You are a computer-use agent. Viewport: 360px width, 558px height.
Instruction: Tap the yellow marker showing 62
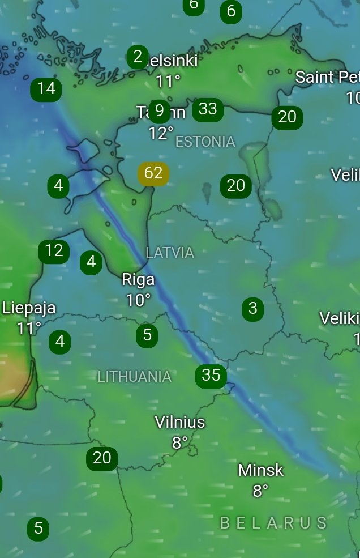pos(153,173)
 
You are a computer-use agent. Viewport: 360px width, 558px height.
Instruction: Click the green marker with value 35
pos(211,375)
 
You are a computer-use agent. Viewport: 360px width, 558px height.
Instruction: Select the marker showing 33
pos(208,109)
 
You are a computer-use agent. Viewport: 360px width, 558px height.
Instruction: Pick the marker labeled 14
pos(46,88)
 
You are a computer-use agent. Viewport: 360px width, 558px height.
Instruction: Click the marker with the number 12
pos(54,251)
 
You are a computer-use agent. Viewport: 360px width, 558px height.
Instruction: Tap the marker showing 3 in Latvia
pos(252,308)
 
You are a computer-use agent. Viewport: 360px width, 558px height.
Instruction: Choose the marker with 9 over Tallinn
pos(160,110)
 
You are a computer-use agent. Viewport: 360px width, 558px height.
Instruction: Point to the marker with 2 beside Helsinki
pos(138,57)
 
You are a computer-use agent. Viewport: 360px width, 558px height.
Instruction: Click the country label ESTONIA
pos(205,142)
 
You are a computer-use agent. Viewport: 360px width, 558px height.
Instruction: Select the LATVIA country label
pos(170,253)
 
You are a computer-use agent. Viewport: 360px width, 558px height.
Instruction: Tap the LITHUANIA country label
pos(134,377)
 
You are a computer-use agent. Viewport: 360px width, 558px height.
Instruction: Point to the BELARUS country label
pos(273,523)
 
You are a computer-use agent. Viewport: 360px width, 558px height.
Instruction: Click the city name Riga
pos(138,280)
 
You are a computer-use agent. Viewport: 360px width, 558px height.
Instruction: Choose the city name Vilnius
pos(180,422)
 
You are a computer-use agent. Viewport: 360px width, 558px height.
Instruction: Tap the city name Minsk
pos(260,470)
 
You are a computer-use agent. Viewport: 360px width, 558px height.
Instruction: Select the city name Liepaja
pos(29,308)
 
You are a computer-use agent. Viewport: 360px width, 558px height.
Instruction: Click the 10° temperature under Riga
pos(138,300)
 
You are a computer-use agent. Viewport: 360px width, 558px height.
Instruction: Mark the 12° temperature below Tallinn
pos(161,133)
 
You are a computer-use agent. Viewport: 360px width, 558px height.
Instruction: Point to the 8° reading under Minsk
pos(260,491)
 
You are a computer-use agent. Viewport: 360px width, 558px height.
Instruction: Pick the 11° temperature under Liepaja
pos(29,328)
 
